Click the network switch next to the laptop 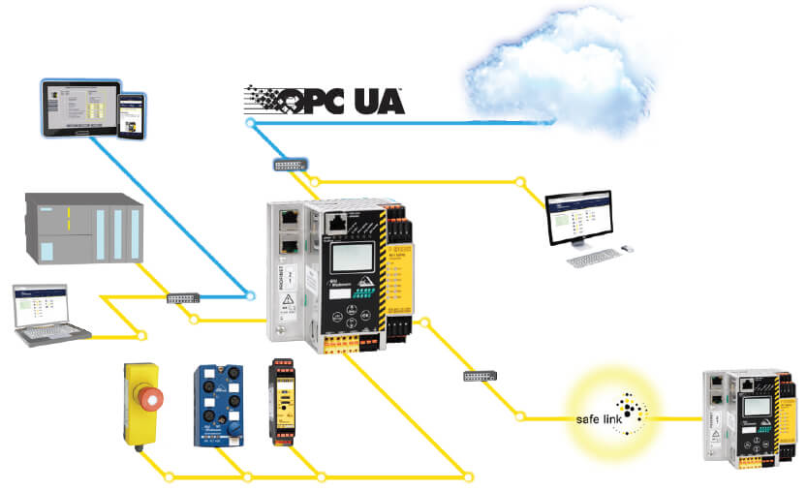pos(181,297)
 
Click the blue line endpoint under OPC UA pos(250,124)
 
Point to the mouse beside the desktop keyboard pos(629,248)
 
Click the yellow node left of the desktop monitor pos(520,181)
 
